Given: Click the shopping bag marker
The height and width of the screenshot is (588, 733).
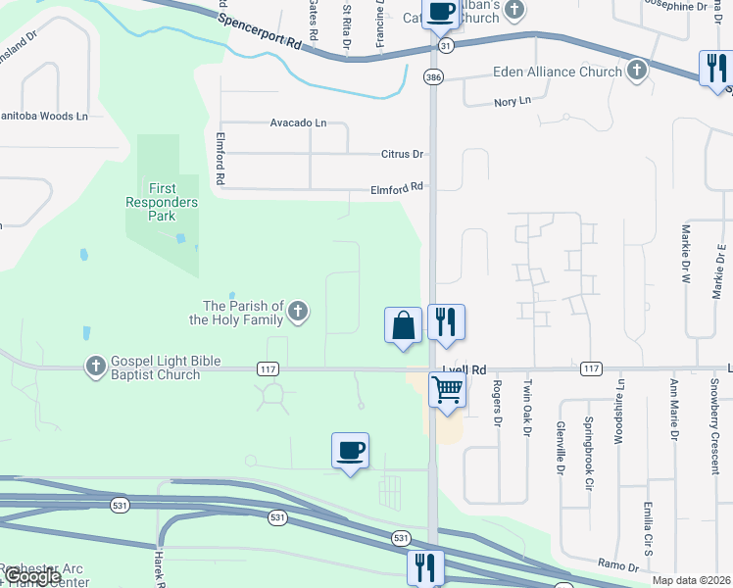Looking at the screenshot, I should coord(404,325).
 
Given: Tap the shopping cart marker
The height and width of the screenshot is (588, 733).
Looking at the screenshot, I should coord(447,390).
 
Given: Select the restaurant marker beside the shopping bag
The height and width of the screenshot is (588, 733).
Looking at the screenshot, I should coord(446,321).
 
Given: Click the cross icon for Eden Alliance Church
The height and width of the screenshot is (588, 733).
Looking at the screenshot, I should coord(637,71).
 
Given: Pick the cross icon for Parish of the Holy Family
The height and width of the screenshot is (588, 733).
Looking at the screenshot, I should coord(299,313).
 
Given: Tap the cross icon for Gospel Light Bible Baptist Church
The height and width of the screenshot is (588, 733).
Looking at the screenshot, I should coord(95,367).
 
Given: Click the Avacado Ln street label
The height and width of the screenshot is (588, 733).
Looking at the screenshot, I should coord(298,123).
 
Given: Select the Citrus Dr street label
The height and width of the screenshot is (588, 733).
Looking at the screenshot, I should coord(402,155).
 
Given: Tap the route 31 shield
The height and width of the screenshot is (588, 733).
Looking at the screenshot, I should coord(446,46).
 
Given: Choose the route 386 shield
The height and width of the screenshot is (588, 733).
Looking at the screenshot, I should coord(432,76).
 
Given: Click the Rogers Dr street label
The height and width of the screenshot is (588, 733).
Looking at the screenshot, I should coord(497,403).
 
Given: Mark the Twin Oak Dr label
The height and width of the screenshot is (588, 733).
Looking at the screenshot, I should coord(527,402).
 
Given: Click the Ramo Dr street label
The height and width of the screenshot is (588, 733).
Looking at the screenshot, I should coord(618,564).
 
